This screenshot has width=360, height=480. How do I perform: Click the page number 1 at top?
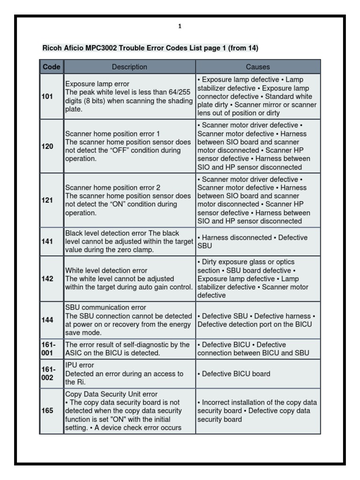(180, 26)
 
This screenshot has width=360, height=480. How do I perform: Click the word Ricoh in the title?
(52, 48)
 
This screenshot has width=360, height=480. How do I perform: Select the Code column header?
(52, 67)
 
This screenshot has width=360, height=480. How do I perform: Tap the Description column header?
(129, 67)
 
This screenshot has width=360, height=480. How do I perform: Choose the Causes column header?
(258, 67)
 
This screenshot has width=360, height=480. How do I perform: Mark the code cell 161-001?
(49, 348)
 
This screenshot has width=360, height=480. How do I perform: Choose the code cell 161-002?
(49, 374)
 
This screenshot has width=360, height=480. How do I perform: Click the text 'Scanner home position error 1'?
(112, 134)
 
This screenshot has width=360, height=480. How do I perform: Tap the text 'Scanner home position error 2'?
(112, 187)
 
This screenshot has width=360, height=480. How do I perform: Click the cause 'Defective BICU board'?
(234, 374)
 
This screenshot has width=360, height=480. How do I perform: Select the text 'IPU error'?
(80, 365)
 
